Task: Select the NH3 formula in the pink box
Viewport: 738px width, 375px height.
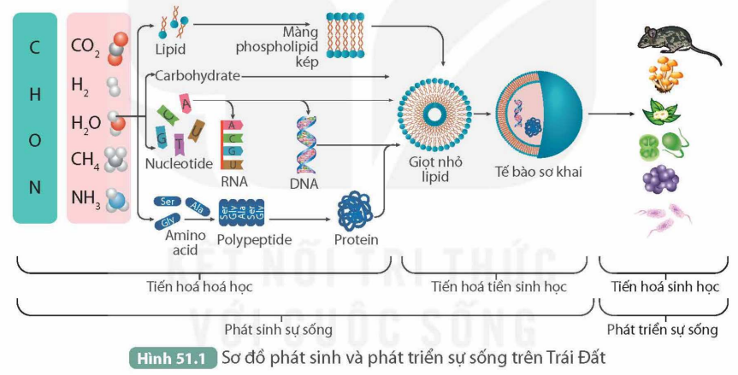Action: point(86,199)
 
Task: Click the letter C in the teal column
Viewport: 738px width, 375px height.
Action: point(35,47)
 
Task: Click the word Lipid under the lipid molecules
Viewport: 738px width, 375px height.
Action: point(171,50)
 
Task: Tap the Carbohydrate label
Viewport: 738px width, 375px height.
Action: point(197,76)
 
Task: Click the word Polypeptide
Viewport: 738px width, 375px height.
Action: point(254,239)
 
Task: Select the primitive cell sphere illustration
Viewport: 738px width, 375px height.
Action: point(540,114)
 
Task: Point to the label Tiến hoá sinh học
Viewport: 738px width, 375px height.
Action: point(666,286)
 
